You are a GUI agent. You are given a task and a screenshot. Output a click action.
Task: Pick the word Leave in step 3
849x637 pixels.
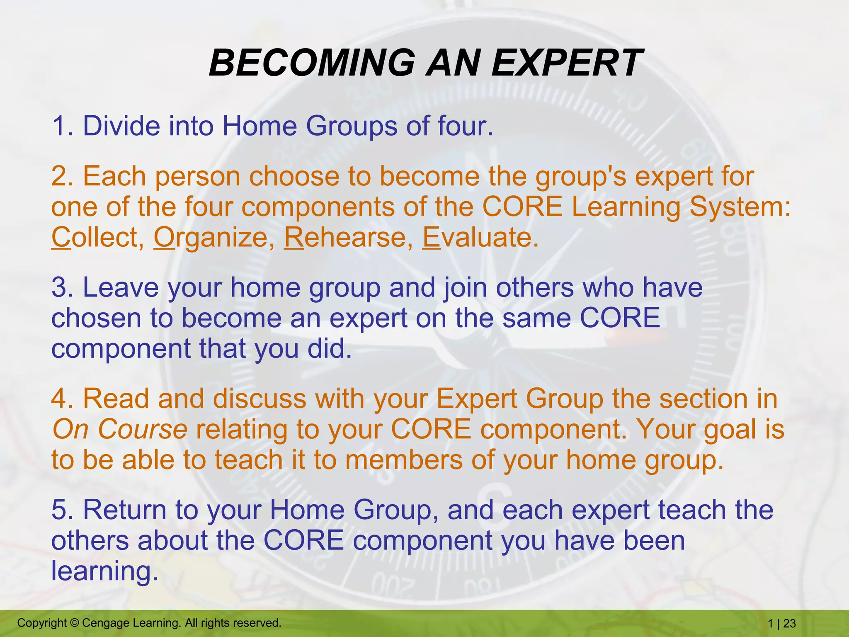(x=121, y=288)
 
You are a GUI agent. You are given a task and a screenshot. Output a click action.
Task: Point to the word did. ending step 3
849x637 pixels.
(x=330, y=349)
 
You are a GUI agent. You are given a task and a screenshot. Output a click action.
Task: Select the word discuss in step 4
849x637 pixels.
(x=259, y=399)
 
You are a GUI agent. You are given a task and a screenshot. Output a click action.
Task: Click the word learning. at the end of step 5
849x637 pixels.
(x=104, y=571)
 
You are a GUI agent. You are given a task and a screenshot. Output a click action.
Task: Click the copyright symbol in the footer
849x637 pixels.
(x=74, y=623)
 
